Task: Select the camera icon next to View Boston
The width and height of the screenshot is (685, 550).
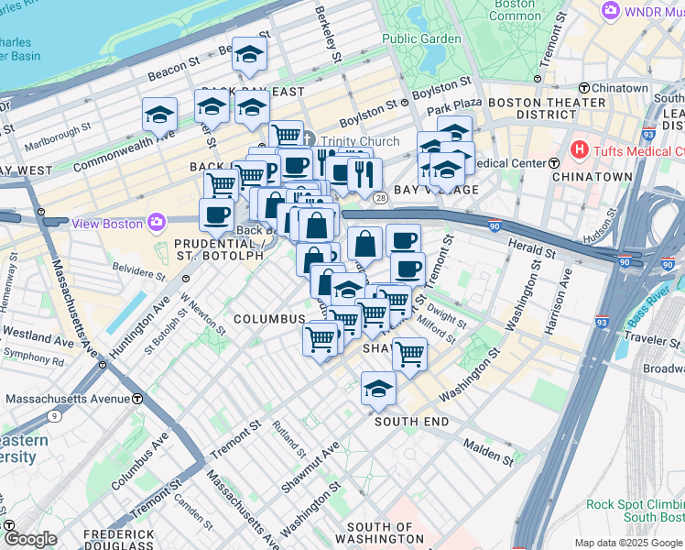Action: (157, 223)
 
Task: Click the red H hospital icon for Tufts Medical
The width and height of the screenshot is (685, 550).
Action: (579, 149)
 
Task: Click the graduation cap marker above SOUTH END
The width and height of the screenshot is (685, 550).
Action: (378, 389)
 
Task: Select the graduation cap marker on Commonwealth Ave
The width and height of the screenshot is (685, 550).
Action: (159, 115)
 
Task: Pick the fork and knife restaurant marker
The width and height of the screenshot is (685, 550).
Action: (364, 172)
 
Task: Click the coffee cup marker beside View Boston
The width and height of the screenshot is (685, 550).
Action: (216, 214)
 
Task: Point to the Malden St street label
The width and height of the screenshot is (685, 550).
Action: (487, 451)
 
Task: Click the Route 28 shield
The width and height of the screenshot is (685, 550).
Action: (377, 196)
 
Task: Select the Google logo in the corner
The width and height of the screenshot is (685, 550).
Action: (29, 539)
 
